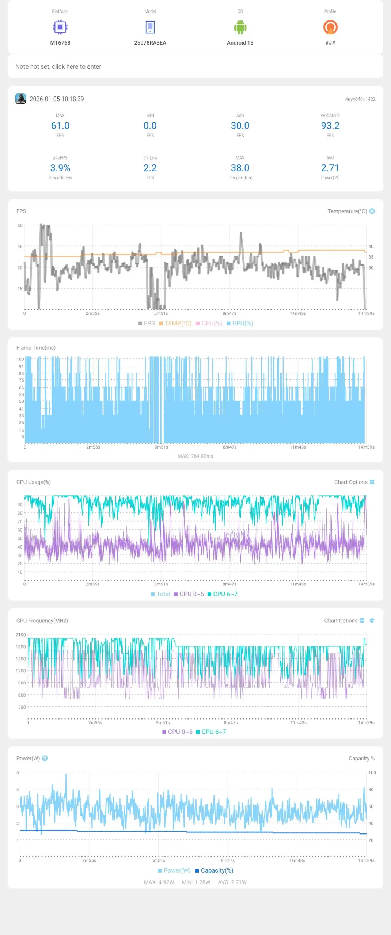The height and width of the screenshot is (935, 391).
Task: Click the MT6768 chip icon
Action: (x=60, y=27)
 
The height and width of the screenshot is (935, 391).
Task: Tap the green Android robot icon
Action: (x=240, y=27)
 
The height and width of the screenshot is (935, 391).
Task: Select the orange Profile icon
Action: (x=330, y=27)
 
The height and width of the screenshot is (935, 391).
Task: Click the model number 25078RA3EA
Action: (x=150, y=43)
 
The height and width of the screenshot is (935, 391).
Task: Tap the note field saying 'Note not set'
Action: (x=58, y=66)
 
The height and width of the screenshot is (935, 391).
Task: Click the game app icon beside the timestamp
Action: (x=20, y=99)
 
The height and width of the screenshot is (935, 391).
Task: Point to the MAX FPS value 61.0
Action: (x=60, y=126)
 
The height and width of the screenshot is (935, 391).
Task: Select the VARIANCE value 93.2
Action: (x=330, y=126)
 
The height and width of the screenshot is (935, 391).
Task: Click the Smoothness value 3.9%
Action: (x=60, y=168)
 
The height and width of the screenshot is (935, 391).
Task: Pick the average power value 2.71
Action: (x=330, y=168)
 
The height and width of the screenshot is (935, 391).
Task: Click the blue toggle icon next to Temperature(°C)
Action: (x=372, y=211)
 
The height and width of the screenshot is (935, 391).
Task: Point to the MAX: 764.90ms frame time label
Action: (x=195, y=456)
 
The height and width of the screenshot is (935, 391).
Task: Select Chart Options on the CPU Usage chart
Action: (x=354, y=482)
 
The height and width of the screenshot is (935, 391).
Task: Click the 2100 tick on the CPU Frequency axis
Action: (x=20, y=635)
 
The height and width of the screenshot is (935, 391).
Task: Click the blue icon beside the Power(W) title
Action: (x=45, y=758)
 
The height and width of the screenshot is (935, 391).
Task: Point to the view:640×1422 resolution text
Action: (x=360, y=99)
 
